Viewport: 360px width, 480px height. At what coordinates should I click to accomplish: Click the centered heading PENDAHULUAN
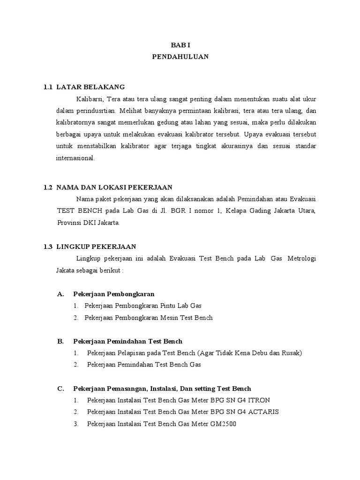[x=180, y=57]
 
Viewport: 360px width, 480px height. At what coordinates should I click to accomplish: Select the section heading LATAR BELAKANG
[x=90, y=87]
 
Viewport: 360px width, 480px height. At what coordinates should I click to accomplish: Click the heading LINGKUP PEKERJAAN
[x=97, y=246]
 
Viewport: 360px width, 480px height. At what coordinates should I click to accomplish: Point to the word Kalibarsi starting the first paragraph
[x=90, y=99]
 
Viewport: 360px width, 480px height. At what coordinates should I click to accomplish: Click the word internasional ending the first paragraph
[x=75, y=158]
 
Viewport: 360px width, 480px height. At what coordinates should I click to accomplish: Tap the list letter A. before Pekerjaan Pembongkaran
[x=60, y=294]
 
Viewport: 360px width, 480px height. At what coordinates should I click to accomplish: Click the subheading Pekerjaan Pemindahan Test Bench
[x=128, y=341]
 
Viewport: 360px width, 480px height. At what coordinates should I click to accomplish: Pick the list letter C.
[x=60, y=389]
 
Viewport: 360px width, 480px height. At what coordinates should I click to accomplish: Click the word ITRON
[x=259, y=400]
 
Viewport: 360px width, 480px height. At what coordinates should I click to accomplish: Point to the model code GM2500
[x=226, y=424]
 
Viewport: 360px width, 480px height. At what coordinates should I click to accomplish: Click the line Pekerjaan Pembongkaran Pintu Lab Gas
[x=143, y=306]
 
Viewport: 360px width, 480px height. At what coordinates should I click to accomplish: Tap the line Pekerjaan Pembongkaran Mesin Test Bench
[x=149, y=317]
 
